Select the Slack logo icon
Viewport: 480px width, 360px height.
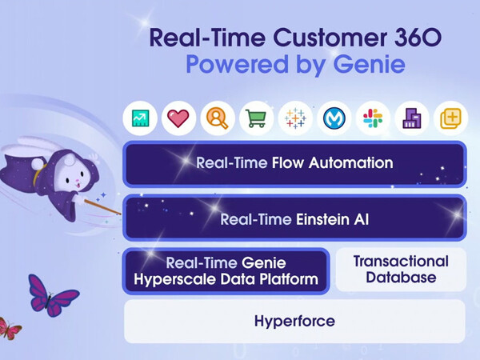point(372,118)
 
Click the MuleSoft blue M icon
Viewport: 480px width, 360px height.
point(334,118)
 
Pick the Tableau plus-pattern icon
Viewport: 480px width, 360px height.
point(294,118)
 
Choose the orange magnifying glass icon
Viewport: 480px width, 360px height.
point(217,118)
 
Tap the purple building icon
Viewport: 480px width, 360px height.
point(411,118)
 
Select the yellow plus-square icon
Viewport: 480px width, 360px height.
point(450,118)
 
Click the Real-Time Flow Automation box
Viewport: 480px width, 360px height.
point(294,163)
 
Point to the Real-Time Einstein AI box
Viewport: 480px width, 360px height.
point(294,217)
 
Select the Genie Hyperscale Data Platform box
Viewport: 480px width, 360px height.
point(226,271)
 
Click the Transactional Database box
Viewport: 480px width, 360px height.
point(400,270)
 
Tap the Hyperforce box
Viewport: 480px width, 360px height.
point(294,322)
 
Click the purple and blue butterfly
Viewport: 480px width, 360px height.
point(52,295)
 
